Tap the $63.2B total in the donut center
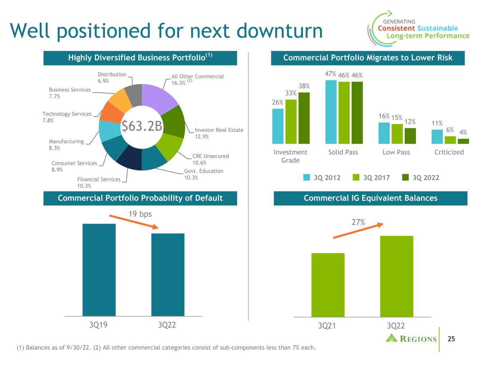pyautogui.click(x=142, y=127)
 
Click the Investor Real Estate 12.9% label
pyautogui.click(x=219, y=133)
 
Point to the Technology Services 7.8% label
pyautogui.click(x=67, y=117)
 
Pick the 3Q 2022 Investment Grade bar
pyautogui.click(x=304, y=118)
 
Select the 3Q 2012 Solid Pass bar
pyautogui.click(x=331, y=112)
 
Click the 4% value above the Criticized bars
pyautogui.click(x=463, y=132)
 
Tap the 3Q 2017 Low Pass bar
pyautogui.click(x=397, y=134)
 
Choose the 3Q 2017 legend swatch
pyautogui.click(x=356, y=177)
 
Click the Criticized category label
pyautogui.click(x=449, y=152)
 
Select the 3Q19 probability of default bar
pyautogui.click(x=99, y=270)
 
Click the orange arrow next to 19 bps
pyautogui.click(x=134, y=222)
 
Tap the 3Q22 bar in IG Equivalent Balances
pyautogui.click(x=397, y=276)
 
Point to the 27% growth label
pyautogui.click(x=358, y=222)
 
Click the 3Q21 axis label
pyautogui.click(x=327, y=326)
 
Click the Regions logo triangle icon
pyautogui.click(x=392, y=338)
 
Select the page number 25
pyautogui.click(x=451, y=339)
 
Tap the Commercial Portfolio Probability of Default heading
pyautogui.click(x=140, y=198)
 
